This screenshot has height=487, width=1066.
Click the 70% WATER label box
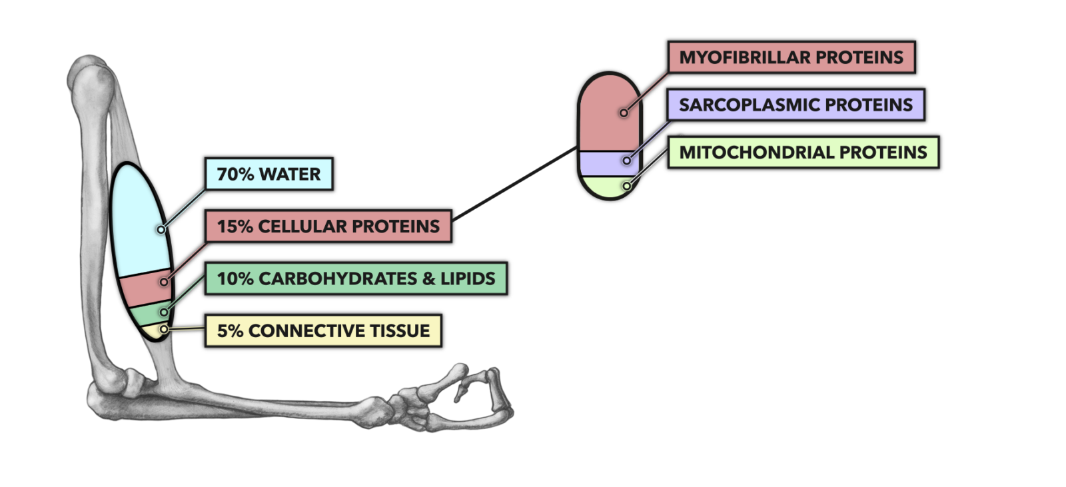click(x=268, y=174)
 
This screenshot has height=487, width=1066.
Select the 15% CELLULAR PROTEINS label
click(x=328, y=227)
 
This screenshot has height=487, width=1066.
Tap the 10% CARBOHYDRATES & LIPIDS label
click(x=356, y=278)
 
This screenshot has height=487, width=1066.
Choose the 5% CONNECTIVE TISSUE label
click(x=323, y=330)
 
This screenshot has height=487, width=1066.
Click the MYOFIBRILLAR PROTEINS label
click(x=791, y=57)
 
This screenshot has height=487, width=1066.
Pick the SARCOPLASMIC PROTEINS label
click(x=796, y=105)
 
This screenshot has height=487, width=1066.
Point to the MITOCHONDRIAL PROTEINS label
click(x=803, y=153)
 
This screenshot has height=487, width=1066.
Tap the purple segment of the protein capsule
click(x=603, y=163)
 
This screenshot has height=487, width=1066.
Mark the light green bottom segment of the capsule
click(x=606, y=187)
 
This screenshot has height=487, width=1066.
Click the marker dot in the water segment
click(x=161, y=229)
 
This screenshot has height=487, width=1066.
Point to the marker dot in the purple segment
click(x=626, y=161)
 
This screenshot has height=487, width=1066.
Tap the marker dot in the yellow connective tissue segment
click(x=164, y=329)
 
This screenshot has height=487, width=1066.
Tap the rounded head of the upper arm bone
click(x=90, y=77)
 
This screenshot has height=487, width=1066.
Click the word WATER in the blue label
click(x=290, y=174)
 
